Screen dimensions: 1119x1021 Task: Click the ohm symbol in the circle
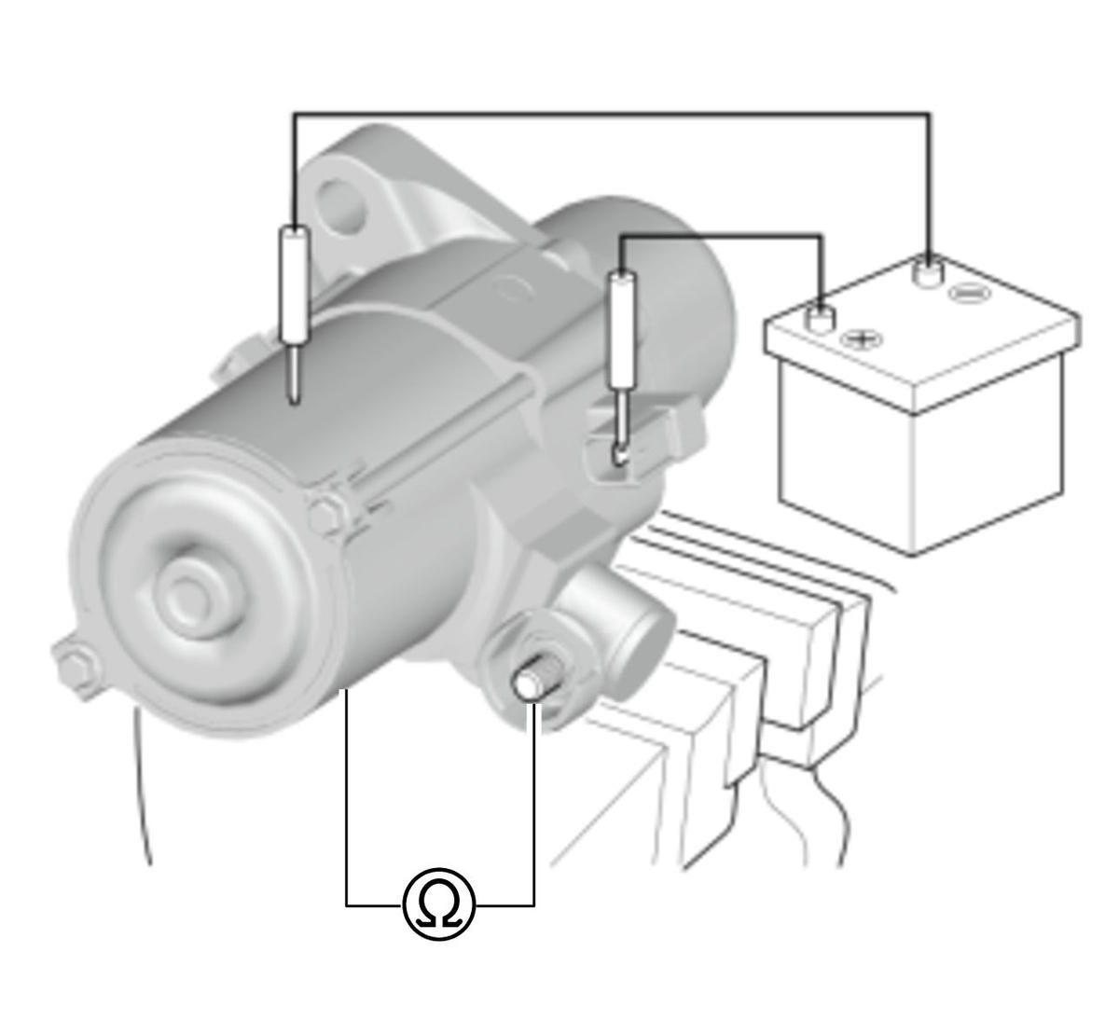pyautogui.click(x=438, y=902)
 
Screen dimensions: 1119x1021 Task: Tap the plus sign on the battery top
pyautogui.click(x=862, y=338)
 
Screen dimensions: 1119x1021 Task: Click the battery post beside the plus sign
pyautogui.click(x=819, y=319)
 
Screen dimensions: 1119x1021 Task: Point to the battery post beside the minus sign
pyautogui.click(x=928, y=273)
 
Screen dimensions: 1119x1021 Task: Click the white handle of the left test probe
pyautogui.click(x=294, y=283)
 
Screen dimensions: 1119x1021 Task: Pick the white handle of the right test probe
pyautogui.click(x=623, y=329)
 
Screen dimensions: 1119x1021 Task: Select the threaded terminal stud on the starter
pyautogui.click(x=534, y=680)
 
